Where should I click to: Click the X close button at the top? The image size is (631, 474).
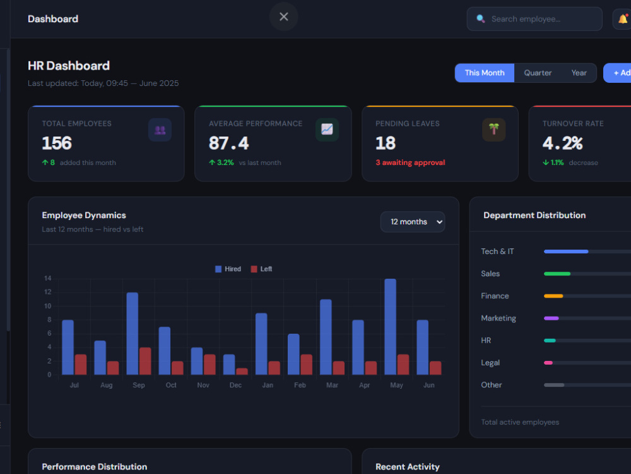(284, 16)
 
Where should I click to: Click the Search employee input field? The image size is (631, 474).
(534, 19)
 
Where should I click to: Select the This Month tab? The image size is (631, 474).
(485, 73)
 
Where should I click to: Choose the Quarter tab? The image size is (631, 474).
(538, 73)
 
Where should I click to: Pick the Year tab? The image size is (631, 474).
(579, 73)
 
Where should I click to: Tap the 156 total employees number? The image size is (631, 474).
(57, 143)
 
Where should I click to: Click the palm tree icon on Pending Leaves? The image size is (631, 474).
(494, 130)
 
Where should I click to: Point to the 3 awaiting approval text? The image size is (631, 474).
(410, 162)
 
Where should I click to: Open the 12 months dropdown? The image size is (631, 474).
(413, 222)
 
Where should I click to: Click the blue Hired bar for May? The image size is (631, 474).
(391, 327)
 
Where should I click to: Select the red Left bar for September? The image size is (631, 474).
(145, 361)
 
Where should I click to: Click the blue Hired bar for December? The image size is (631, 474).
(229, 365)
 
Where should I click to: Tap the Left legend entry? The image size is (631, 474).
(262, 269)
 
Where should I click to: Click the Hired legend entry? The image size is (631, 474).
(228, 269)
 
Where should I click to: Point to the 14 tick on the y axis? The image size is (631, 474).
(48, 278)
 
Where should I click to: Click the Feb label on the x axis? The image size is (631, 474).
(300, 385)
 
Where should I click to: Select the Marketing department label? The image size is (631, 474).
(498, 318)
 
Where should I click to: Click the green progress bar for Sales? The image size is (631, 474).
(557, 274)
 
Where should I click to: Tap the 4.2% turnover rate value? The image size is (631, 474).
(563, 143)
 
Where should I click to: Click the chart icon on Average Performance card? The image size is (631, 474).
(327, 130)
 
